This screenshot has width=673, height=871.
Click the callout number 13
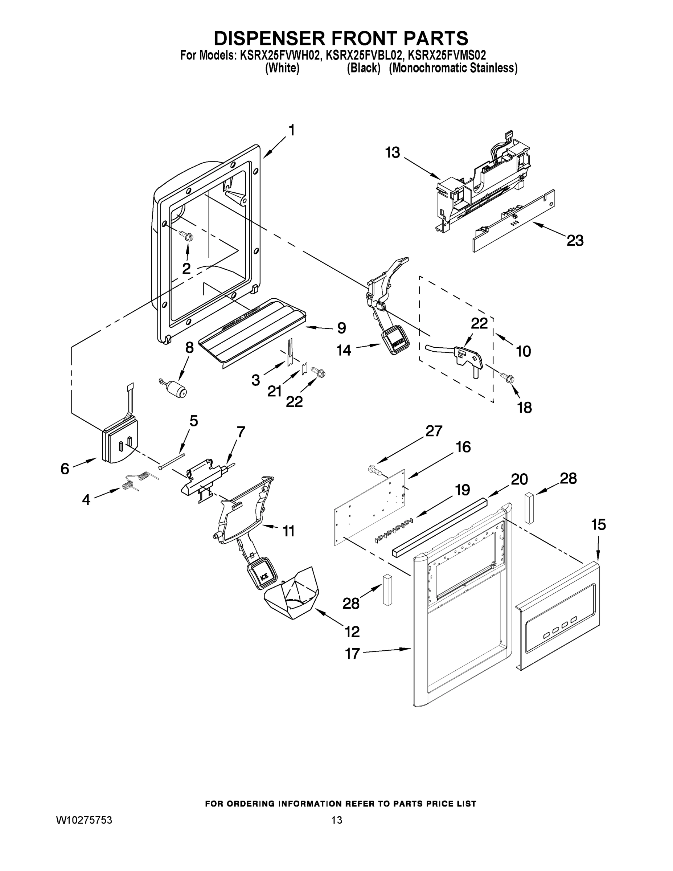[392, 153]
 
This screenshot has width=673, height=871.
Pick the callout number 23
[575, 241]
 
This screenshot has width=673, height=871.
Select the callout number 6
[65, 468]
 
